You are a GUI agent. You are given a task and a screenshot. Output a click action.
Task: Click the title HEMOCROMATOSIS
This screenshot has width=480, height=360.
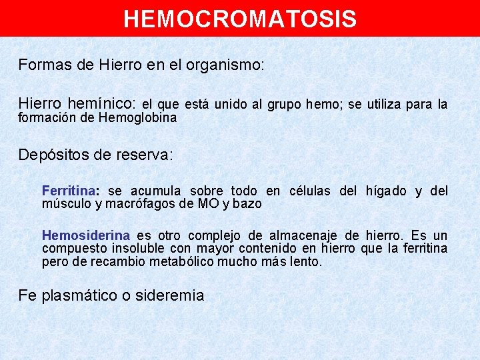pos(240,19)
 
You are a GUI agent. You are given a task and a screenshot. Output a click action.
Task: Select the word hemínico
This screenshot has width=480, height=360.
pos(102,104)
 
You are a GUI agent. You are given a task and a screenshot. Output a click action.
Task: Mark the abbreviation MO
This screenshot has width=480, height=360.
pos(208,204)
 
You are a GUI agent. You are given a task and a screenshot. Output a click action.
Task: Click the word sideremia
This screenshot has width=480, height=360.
pos(169,295)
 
